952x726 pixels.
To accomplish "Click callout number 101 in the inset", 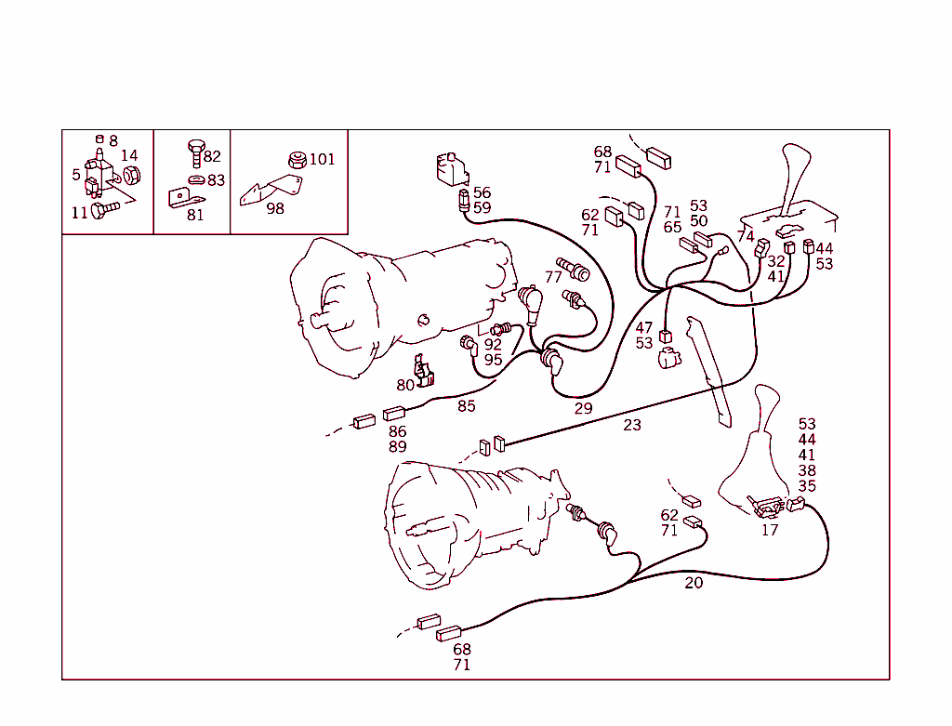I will click(x=322, y=159).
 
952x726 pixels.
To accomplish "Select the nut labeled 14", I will click(x=132, y=175).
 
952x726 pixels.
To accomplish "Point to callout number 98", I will click(x=275, y=208).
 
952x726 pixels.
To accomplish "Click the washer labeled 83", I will click(x=196, y=179).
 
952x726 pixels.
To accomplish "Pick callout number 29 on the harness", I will click(x=583, y=408).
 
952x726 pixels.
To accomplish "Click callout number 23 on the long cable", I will click(x=632, y=425).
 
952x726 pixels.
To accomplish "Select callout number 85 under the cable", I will click(x=467, y=405).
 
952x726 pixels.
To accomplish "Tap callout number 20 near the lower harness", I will click(x=694, y=583).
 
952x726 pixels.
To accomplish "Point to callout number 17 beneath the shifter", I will click(x=770, y=530).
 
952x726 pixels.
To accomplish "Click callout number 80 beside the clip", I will click(x=405, y=385).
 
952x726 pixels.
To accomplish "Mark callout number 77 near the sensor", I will click(x=554, y=277).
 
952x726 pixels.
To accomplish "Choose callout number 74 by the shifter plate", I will click(x=746, y=237).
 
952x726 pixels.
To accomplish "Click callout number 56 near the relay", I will click(x=482, y=193).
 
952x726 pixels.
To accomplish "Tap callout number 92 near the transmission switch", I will click(x=493, y=344).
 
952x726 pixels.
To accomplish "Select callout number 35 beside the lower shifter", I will click(x=807, y=485).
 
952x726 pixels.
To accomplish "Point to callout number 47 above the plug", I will click(x=644, y=328).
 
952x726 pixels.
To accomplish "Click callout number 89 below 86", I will click(x=398, y=446).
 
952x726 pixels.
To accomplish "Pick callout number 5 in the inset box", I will click(x=76, y=175).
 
